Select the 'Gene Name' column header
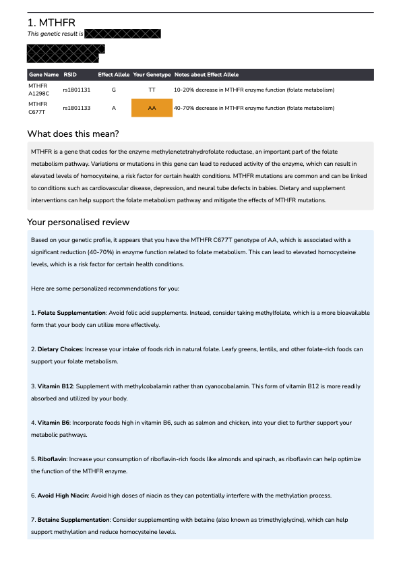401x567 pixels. click(x=44, y=74)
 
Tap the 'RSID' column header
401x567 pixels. click(x=70, y=74)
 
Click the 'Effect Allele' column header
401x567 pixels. click(x=114, y=74)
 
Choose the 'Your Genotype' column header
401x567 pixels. click(x=152, y=74)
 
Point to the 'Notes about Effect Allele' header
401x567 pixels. click(x=206, y=74)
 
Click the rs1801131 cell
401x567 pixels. click(x=77, y=90)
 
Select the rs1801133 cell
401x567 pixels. click(x=77, y=108)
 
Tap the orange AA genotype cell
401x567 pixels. click(x=152, y=108)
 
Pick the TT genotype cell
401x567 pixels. click(x=152, y=90)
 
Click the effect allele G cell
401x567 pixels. click(x=114, y=90)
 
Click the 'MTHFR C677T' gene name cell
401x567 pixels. click(x=38, y=108)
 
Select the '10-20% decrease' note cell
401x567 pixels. click(x=253, y=90)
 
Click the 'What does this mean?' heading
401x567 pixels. click(x=73, y=133)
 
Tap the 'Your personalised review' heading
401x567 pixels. click(x=78, y=222)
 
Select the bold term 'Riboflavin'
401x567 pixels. click(x=53, y=459)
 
